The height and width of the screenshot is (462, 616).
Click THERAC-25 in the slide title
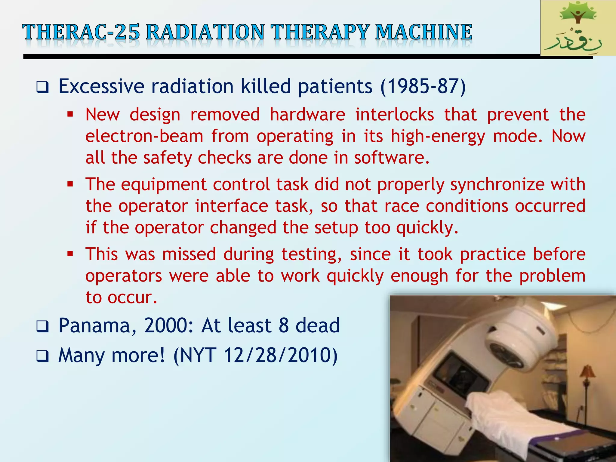coord(81,32)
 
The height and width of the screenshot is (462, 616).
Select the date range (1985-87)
coord(423,87)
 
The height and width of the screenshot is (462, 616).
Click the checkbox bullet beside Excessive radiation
coord(42,88)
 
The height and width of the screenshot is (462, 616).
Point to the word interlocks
coord(395,115)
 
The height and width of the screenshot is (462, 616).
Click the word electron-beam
coord(144,136)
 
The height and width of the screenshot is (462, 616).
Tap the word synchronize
coord(497,184)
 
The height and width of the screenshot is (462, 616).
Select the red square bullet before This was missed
coord(70,254)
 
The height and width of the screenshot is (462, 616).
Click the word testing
coord(311,254)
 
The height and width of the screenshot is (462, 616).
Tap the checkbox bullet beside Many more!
coord(42,356)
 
